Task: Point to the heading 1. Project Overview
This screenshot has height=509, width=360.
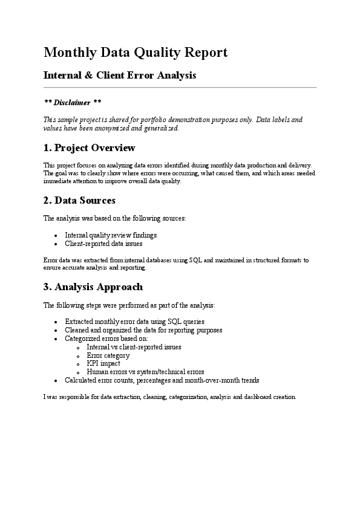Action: [90, 148]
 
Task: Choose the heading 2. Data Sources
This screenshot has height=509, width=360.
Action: [79, 200]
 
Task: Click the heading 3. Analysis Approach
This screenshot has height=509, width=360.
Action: [93, 287]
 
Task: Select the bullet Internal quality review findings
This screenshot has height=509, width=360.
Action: [110, 235]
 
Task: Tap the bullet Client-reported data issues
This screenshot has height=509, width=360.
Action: [103, 244]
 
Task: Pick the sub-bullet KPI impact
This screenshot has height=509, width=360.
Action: [103, 364]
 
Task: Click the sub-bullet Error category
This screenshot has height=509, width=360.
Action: [108, 355]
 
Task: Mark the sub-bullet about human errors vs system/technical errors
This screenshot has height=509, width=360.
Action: [145, 372]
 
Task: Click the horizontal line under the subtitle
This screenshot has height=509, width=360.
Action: [180, 88]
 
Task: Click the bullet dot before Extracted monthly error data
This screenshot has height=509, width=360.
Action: [56, 322]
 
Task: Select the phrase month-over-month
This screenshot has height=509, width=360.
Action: [212, 380]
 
